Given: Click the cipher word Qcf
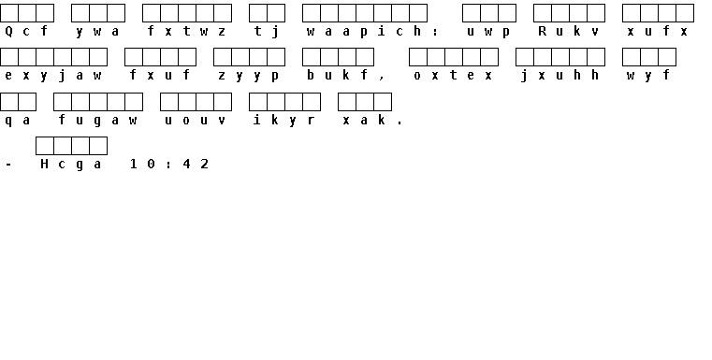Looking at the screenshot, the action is tap(26, 31).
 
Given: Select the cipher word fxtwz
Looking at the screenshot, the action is tap(186, 31).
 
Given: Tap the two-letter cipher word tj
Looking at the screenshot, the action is tap(267, 31).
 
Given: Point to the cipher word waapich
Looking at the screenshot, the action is tap(365, 31).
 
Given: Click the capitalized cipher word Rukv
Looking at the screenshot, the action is tap(569, 31).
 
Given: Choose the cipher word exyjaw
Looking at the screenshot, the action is tap(53, 76).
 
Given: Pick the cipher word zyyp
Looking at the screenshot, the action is tap(249, 76).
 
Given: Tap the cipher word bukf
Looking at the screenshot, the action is tap(338, 75).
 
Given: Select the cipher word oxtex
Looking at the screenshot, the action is tap(454, 76).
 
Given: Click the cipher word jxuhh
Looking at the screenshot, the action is tap(559, 76).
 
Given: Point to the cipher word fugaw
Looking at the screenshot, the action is tap(97, 120).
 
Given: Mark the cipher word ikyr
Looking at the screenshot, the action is tap(284, 120).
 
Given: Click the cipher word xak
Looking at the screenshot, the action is tap(365, 120).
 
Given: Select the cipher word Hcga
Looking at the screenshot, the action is tap(71, 164).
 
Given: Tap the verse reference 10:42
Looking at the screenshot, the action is tap(169, 164).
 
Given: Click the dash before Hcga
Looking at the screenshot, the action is tap(8, 165).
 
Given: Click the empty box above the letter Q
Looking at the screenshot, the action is tap(9, 13).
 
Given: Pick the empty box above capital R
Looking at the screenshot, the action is tap(543, 13).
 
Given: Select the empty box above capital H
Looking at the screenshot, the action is tap(45, 146).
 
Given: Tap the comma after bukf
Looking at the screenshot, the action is tap(382, 79).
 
